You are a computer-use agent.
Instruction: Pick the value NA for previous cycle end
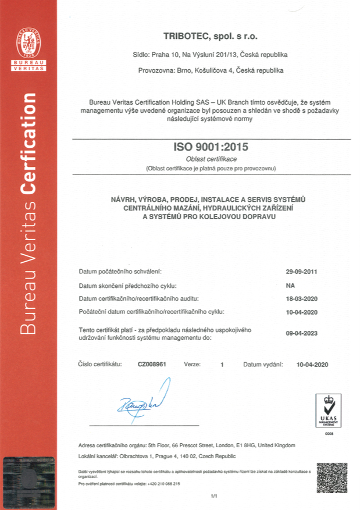coord(291,286)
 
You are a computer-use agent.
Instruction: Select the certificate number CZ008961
coord(152,364)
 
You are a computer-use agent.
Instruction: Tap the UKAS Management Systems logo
coord(326,409)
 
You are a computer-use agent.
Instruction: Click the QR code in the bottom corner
coord(332,477)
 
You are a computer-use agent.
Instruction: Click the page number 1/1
coord(213,496)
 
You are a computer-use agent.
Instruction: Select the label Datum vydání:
coord(263,364)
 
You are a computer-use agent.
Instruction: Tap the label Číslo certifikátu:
coord(99,364)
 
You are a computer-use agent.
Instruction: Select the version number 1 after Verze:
coord(222,364)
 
